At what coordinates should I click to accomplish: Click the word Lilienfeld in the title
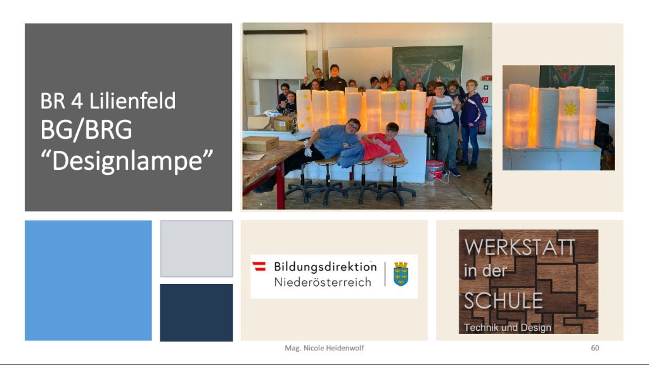pos(132,101)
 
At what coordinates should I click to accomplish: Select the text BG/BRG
pos(86,130)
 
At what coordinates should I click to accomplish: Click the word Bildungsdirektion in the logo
pos(325,267)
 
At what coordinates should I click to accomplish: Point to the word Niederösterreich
pos(323,282)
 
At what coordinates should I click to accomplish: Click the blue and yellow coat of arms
pos(401,274)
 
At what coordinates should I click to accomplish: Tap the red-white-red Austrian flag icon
pos(259,266)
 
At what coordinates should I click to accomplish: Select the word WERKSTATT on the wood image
pos(520,247)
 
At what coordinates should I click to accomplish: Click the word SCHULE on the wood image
pos(503,301)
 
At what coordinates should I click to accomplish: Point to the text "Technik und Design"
pos(508,328)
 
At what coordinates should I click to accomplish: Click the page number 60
pos(594,348)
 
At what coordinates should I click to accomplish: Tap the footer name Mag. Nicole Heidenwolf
pos(324,348)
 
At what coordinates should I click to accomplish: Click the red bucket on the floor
pos(435,170)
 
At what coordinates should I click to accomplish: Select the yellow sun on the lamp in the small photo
pos(570,109)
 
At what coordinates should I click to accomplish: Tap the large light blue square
pos(88,281)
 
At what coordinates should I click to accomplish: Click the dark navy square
pos(196,312)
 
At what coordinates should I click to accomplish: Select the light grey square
pos(196,248)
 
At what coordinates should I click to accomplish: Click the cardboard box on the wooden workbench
pos(260,144)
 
